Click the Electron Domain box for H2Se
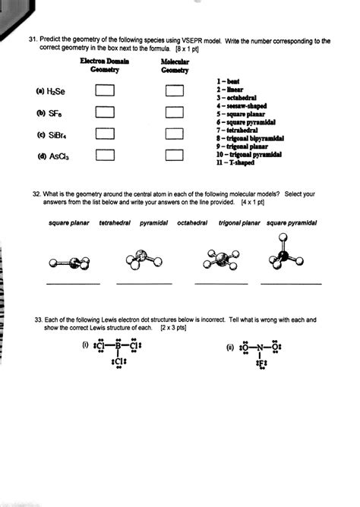[104, 91]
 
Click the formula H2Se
[56, 92]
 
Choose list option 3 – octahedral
[238, 98]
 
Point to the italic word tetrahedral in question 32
[115, 223]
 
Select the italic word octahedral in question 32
[195, 223]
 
